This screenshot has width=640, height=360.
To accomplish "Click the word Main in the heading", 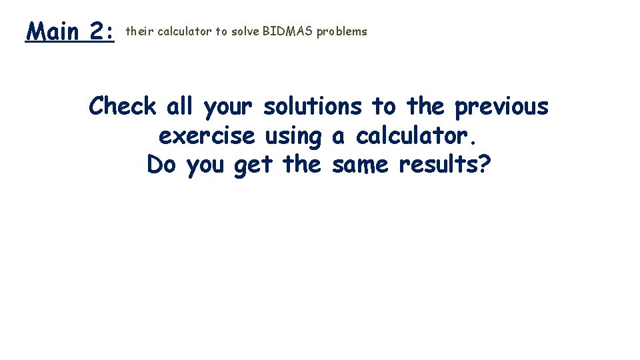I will click(53, 31).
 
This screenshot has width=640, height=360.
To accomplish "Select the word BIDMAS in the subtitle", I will click(290, 31).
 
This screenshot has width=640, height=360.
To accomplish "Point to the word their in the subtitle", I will click(139, 31).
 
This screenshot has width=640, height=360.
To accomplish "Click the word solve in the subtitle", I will click(246, 31).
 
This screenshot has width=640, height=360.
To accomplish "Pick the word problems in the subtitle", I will click(341, 32).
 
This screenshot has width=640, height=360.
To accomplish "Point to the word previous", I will click(501, 107).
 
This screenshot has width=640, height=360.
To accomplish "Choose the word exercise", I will click(207, 136).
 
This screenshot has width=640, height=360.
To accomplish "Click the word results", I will click(438, 164).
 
